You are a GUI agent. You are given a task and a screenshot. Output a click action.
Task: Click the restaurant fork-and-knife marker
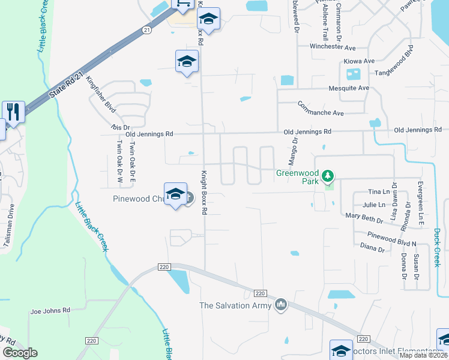13,112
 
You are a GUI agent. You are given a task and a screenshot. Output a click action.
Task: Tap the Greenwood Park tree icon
327,176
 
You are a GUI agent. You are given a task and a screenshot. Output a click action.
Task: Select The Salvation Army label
235,305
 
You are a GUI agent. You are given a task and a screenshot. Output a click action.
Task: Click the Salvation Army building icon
280,305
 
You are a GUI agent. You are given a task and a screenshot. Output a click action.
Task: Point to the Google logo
20,353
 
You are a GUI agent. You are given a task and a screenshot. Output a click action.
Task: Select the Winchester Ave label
333,47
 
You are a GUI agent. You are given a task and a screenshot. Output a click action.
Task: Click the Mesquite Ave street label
349,88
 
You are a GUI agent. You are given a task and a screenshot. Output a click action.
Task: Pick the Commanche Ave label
321,108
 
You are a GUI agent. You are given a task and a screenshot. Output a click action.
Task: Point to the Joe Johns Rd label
50,310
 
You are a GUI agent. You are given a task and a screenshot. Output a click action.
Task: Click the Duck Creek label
437,245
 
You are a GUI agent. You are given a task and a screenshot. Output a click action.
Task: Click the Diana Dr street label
372,247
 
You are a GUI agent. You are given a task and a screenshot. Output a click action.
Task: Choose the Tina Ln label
378,192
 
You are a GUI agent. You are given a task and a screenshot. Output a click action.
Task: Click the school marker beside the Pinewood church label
175,194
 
